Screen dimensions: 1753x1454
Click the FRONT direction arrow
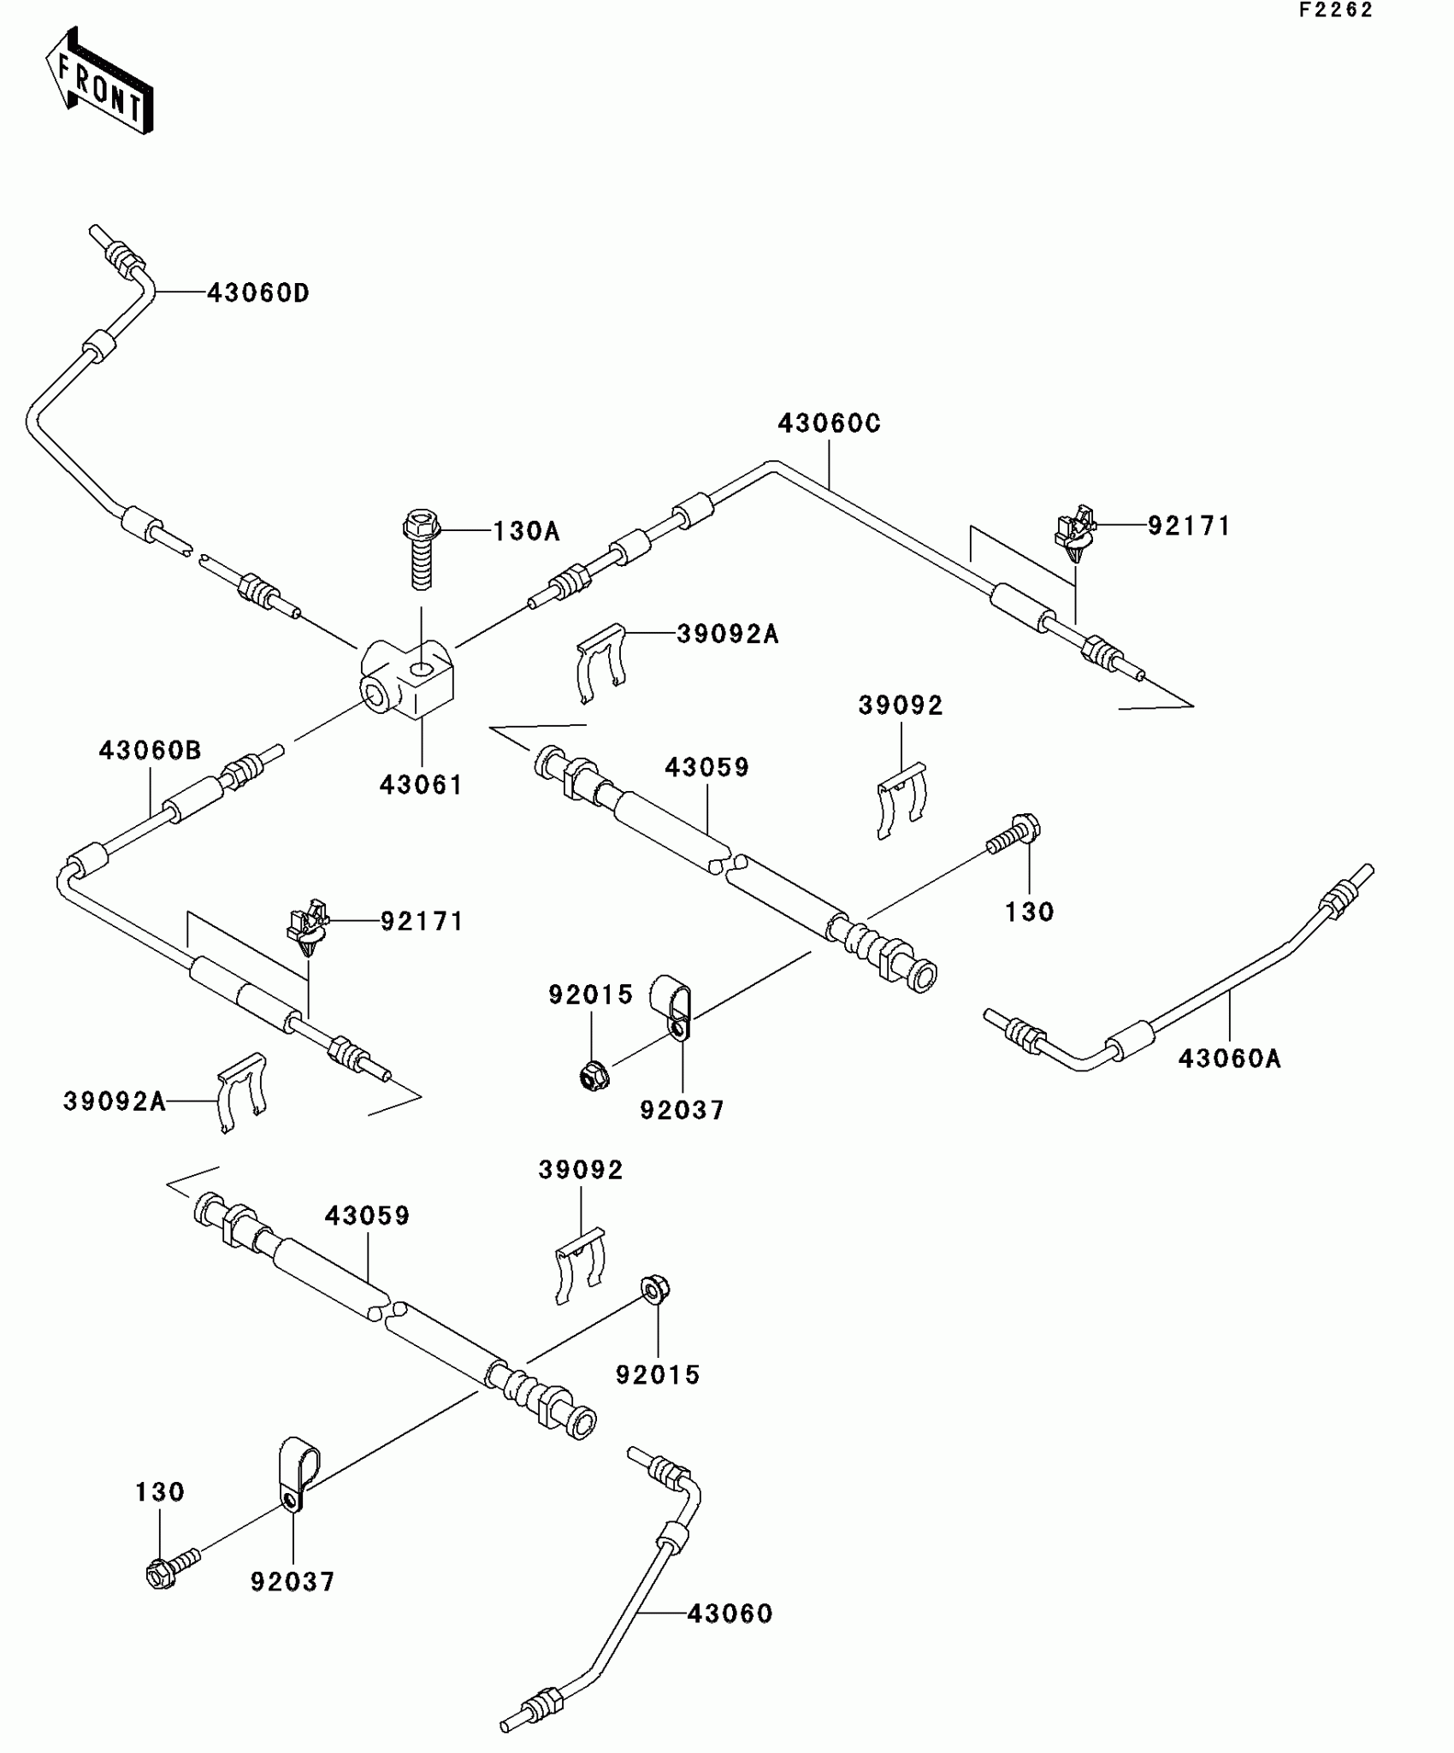(99, 82)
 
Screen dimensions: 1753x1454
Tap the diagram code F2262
(1335, 10)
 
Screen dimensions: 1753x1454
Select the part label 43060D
(257, 293)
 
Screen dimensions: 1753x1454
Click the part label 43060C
(828, 424)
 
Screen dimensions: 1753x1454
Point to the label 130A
(526, 532)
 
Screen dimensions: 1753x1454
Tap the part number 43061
(421, 785)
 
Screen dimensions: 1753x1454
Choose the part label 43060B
(150, 751)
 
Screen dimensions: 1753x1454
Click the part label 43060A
(1229, 1059)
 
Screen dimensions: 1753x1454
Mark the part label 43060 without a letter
(730, 1614)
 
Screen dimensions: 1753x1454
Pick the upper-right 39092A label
(727, 635)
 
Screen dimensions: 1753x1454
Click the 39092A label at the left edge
(114, 1101)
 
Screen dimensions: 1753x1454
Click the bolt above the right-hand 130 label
(1015, 834)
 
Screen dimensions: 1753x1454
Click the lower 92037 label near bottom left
(293, 1582)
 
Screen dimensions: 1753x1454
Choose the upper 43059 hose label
(706, 768)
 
